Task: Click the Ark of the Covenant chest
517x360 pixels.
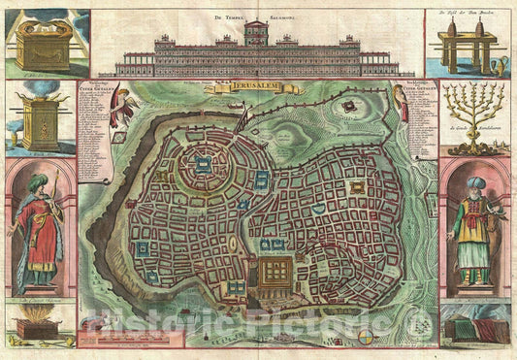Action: [38, 43]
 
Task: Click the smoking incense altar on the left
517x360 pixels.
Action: [38, 121]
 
